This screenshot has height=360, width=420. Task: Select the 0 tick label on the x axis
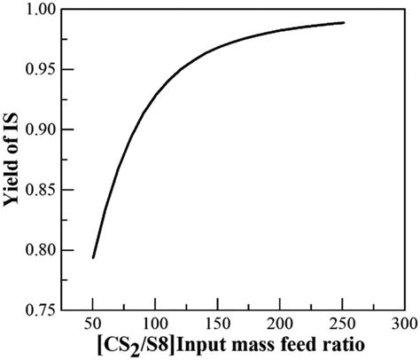click(60, 322)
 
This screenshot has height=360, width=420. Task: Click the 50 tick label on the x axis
click(92, 322)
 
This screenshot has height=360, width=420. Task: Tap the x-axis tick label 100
click(155, 322)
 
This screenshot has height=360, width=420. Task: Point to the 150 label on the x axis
click(218, 322)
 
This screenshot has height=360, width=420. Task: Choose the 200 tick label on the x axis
click(280, 322)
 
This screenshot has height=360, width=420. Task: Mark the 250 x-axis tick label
click(343, 322)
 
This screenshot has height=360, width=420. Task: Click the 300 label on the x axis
click(405, 322)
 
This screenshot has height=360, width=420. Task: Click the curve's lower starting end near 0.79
click(93, 257)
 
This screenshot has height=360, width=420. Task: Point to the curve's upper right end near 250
click(343, 23)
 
